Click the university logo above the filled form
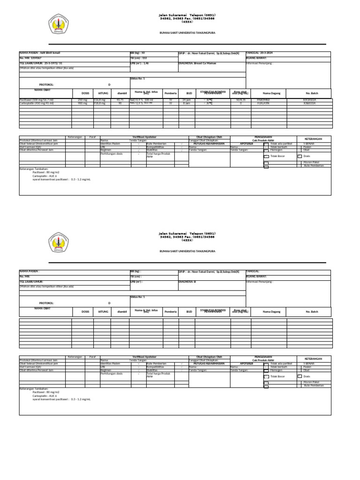59,24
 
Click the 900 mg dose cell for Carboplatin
82,104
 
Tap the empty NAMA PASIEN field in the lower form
70,271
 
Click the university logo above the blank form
59,241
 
